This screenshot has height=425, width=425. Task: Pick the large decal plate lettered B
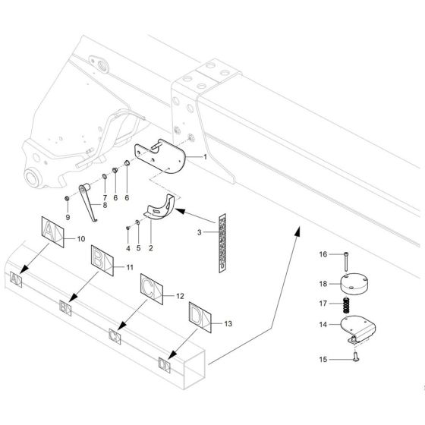[102, 259]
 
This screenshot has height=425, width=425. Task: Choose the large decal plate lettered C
[151, 288]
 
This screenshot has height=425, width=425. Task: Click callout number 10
[80, 239]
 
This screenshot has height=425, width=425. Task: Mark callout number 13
[230, 323]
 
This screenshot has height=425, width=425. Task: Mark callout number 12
[180, 295]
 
